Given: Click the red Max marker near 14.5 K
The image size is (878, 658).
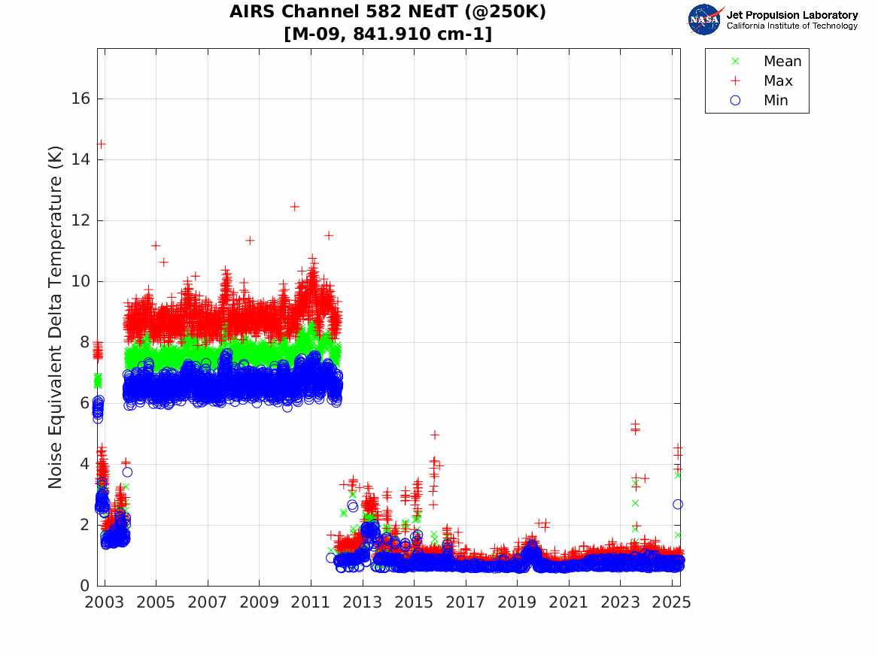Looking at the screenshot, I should (x=101, y=144).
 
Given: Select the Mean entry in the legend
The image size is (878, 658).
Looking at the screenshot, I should (x=782, y=62).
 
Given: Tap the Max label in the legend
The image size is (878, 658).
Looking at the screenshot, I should (x=778, y=81).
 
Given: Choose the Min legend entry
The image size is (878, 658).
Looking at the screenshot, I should (x=776, y=101).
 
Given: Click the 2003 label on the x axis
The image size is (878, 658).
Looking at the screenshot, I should (x=105, y=602).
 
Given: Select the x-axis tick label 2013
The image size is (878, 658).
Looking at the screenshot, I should (x=363, y=602).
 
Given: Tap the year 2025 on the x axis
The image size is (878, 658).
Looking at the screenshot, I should (x=672, y=602).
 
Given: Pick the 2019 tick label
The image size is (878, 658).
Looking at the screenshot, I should (x=517, y=602).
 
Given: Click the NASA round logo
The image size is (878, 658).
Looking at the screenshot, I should (x=704, y=20).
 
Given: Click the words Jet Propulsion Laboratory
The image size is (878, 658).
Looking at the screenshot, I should (x=791, y=15).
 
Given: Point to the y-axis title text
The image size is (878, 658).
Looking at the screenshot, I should (x=56, y=317).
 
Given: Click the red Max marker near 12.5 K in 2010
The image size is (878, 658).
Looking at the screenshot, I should (x=295, y=206).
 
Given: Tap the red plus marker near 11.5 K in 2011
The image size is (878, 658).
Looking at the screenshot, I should (x=329, y=235).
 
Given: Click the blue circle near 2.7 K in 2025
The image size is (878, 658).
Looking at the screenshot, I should (x=678, y=505).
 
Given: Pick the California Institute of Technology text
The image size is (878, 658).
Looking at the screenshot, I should (x=791, y=26).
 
